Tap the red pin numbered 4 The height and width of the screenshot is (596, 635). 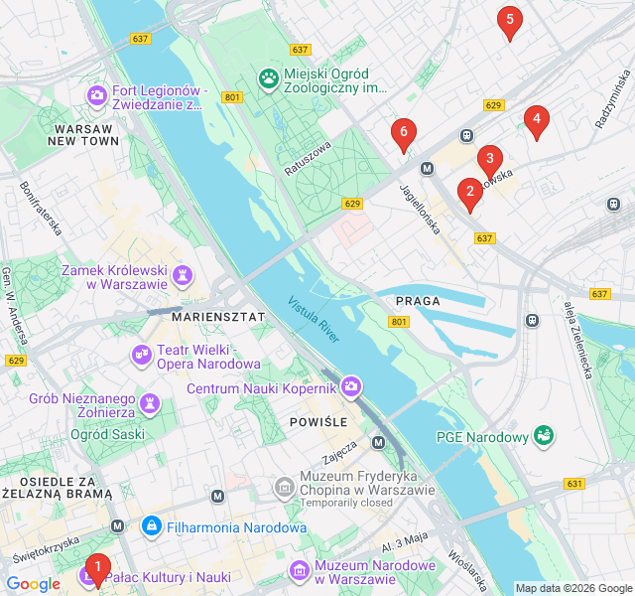(536, 121)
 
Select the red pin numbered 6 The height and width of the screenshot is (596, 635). (403, 132)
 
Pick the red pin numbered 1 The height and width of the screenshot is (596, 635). (96, 567)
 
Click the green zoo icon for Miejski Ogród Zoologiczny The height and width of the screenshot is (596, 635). (268, 77)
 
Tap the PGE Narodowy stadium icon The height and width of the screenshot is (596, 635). (543, 436)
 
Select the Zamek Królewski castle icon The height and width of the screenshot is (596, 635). (183, 274)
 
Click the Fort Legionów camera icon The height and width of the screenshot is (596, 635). (97, 95)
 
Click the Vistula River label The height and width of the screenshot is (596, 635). (314, 321)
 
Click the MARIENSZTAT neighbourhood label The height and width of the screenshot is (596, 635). (218, 316)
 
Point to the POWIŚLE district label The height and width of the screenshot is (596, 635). (318, 422)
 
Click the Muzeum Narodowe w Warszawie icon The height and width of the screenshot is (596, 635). (299, 570)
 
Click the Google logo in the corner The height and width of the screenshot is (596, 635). (33, 584)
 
